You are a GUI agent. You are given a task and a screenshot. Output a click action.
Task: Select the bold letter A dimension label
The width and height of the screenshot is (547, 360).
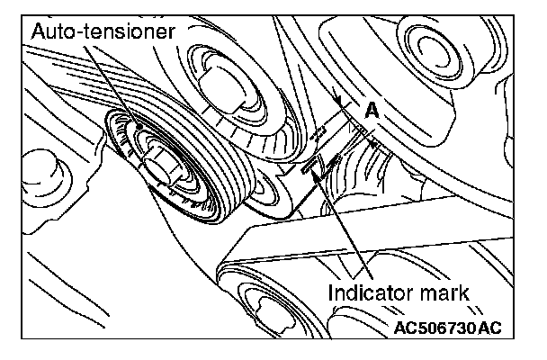[372, 110]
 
